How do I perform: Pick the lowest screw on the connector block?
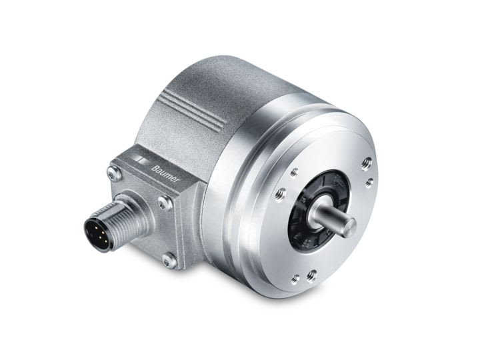[x=169, y=261]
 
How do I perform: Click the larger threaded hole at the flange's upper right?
[x=366, y=162]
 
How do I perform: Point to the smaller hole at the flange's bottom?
[x=295, y=279]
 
